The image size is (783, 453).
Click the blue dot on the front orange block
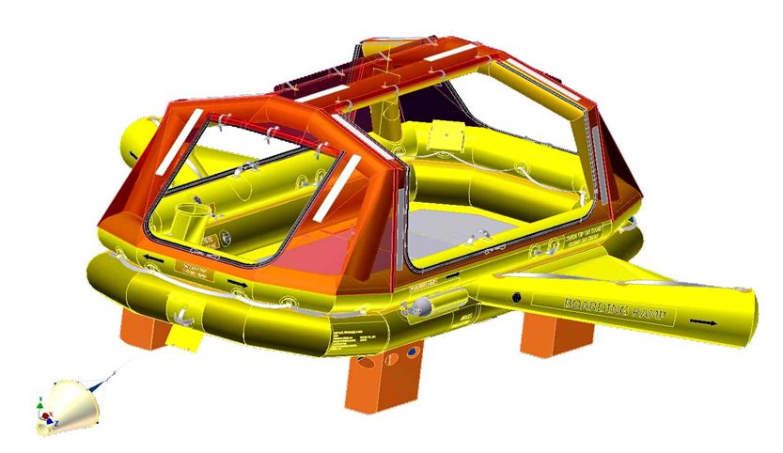coord(411,354)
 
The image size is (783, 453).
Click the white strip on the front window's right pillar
coord(342,179)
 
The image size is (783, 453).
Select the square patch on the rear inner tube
coord(440,137)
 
